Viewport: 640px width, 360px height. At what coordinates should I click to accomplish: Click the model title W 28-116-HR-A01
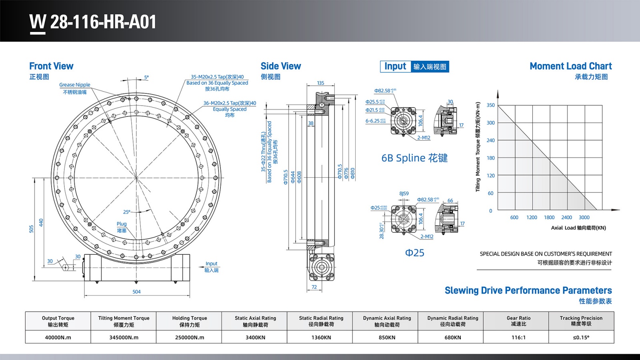coord(93,22)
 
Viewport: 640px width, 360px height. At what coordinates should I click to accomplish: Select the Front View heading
coord(51,66)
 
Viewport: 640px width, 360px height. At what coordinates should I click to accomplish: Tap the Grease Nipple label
coord(75,85)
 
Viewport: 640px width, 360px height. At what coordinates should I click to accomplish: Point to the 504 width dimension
coord(136,292)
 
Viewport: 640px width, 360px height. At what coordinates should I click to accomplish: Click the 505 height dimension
coord(32,229)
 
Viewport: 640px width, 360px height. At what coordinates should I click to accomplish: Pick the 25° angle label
coord(127,212)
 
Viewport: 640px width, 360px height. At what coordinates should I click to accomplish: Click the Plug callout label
coord(122,224)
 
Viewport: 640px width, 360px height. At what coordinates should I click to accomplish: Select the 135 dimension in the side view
coord(320,83)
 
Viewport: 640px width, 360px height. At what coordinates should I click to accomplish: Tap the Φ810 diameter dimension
coord(353,173)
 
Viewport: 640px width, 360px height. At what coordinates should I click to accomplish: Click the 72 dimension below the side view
coord(314,287)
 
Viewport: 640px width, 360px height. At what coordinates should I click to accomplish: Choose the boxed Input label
coord(395,66)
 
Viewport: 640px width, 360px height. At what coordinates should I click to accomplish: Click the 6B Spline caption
coord(414,158)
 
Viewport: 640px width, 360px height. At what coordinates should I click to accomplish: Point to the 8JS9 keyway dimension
coord(404,194)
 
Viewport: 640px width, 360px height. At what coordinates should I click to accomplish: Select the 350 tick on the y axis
coord(490,105)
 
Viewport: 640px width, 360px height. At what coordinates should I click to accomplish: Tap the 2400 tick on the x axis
coord(566,218)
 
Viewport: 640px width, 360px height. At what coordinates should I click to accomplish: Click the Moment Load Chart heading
coord(570,66)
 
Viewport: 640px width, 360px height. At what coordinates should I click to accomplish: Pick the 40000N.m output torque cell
coord(58,337)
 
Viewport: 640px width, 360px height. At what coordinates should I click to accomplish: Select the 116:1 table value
coord(518,337)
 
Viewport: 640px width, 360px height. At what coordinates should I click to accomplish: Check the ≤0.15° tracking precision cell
coord(581,337)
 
